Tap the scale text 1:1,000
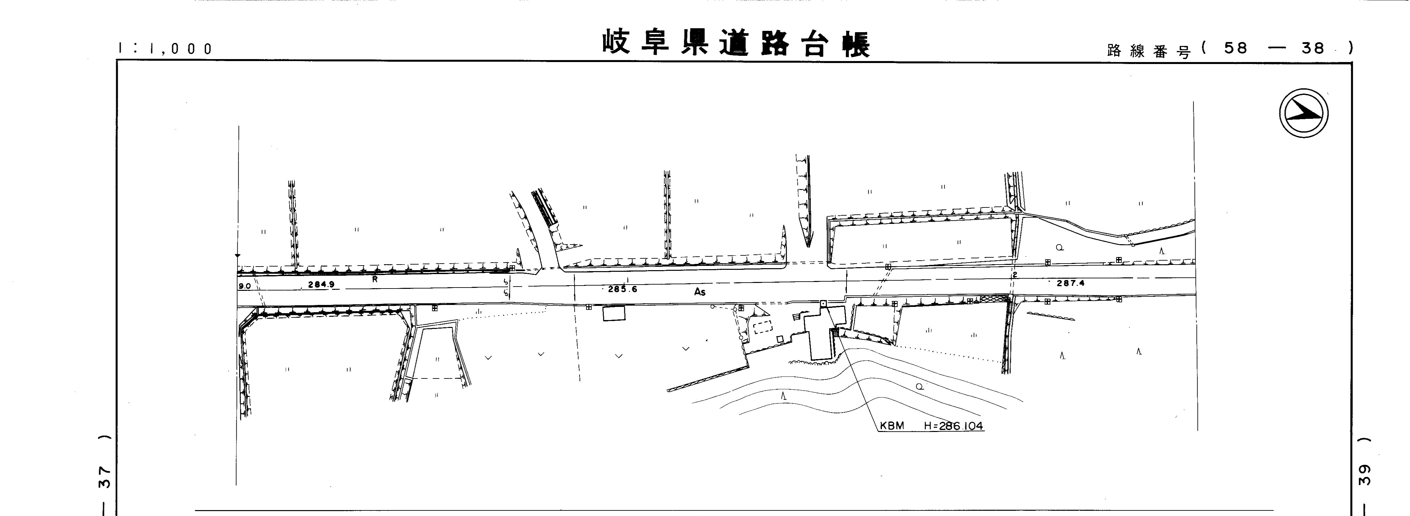165,49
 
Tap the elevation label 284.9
321,284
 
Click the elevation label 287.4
1070,283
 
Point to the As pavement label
700,292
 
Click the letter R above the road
375,279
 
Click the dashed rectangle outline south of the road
762,328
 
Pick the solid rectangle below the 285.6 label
614,313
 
